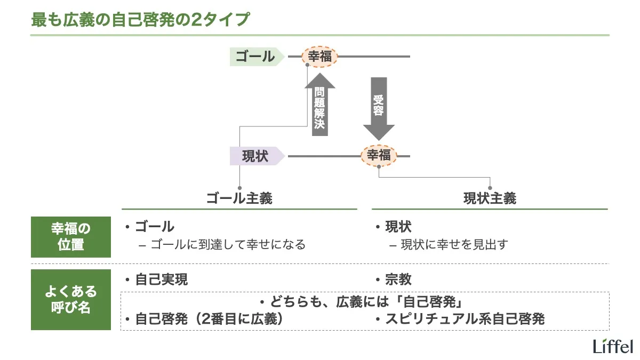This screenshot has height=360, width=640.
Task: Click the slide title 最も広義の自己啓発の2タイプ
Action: [x=140, y=19]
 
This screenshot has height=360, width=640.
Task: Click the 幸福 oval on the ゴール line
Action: [x=320, y=56]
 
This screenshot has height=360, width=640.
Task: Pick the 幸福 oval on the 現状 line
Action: [x=379, y=156]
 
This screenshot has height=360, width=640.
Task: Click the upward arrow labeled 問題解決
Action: [x=319, y=106]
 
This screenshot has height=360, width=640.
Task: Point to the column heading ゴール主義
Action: [x=239, y=199]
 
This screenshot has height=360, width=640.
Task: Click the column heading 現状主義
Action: [x=490, y=199]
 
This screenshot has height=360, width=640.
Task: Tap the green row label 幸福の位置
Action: [x=71, y=237]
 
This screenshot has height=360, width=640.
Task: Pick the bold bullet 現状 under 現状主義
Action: [x=398, y=227]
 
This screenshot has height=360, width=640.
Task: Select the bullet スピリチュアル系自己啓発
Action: [x=463, y=319]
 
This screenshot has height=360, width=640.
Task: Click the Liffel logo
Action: [x=613, y=346]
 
